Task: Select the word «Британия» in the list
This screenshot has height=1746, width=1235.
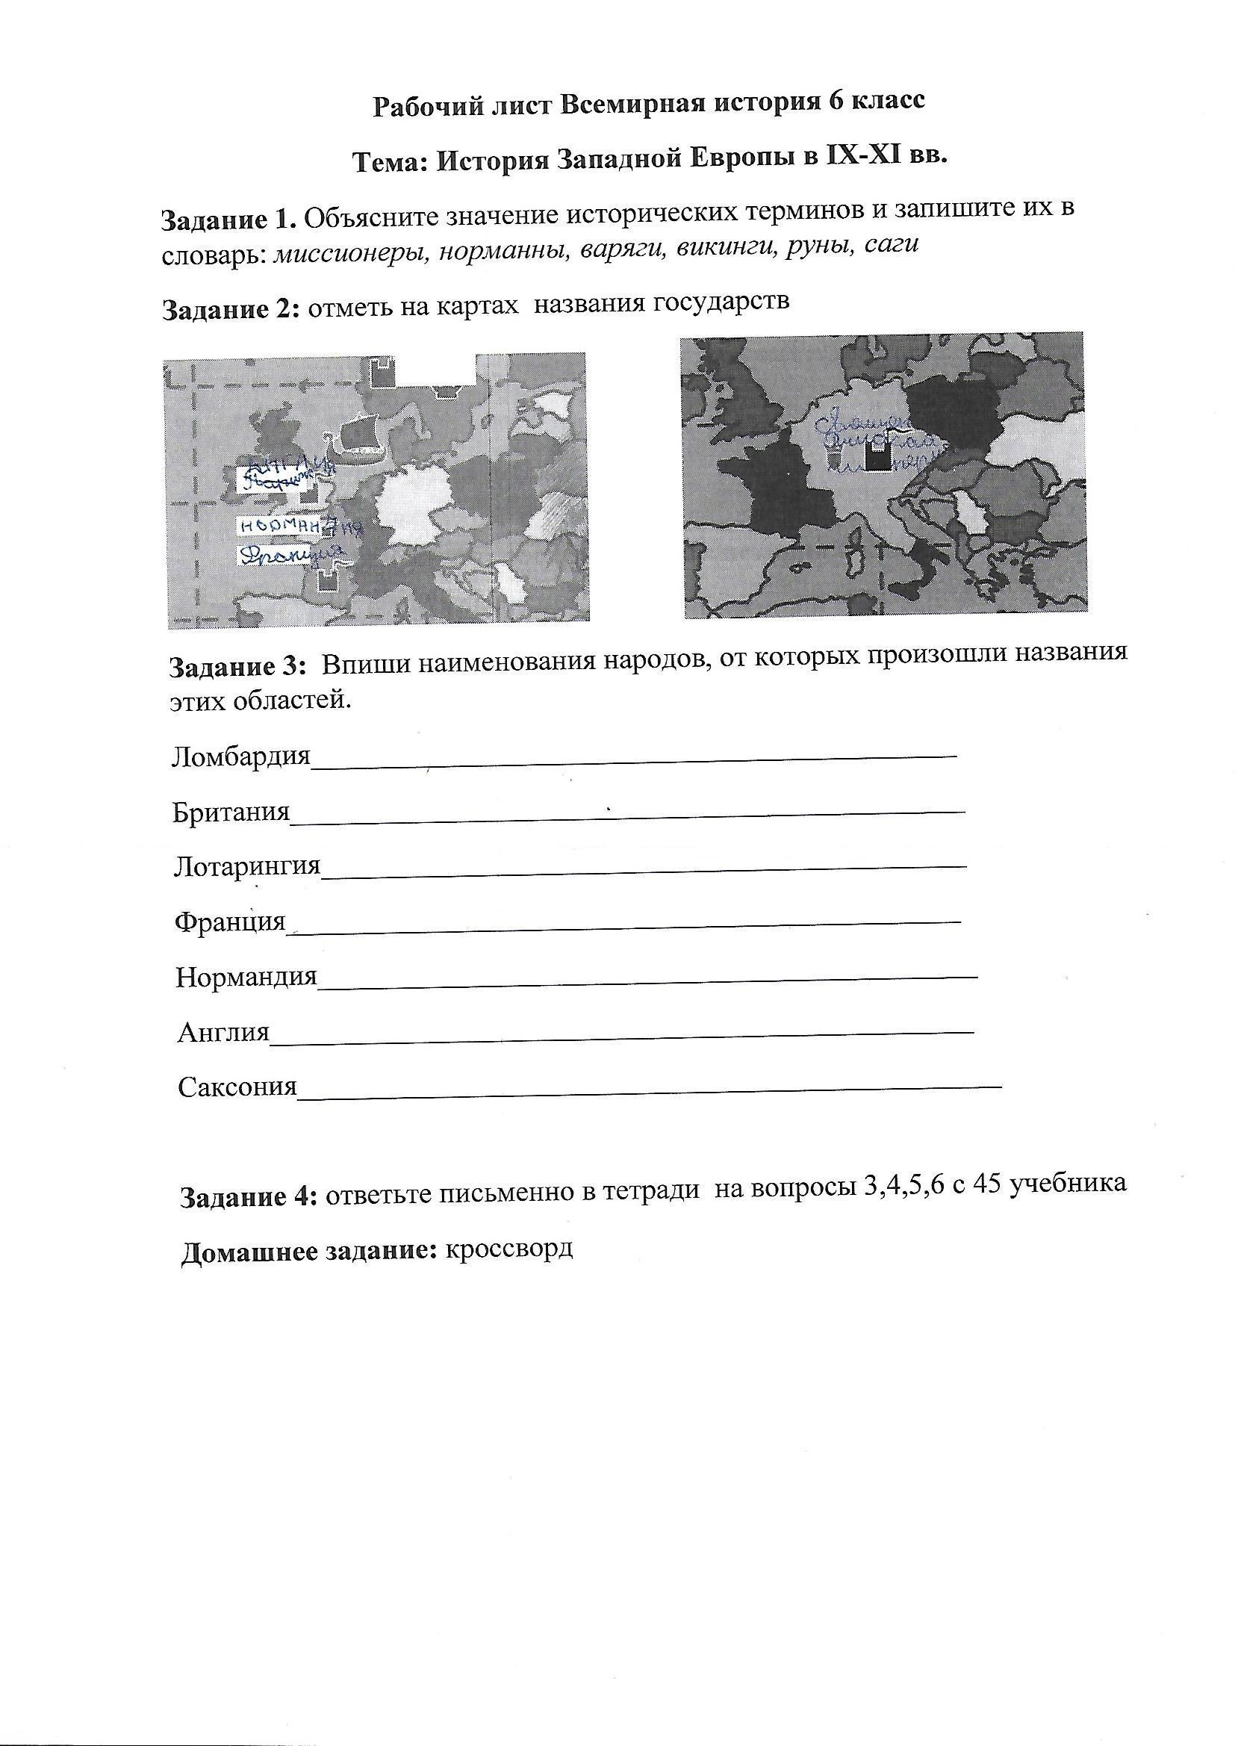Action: pos(231,813)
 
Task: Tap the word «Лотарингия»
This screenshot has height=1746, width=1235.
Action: pos(247,867)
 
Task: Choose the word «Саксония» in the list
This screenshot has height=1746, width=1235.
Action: pos(237,1087)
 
